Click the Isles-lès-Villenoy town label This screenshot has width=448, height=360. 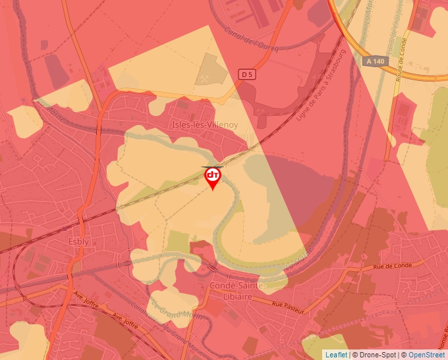click(x=204, y=123)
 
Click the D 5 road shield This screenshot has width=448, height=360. click(x=247, y=75)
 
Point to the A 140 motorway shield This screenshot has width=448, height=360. click(x=374, y=61)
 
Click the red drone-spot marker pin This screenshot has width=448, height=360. click(x=212, y=176)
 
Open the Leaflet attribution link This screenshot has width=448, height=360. click(x=336, y=355)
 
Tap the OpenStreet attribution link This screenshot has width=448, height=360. click(x=427, y=355)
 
